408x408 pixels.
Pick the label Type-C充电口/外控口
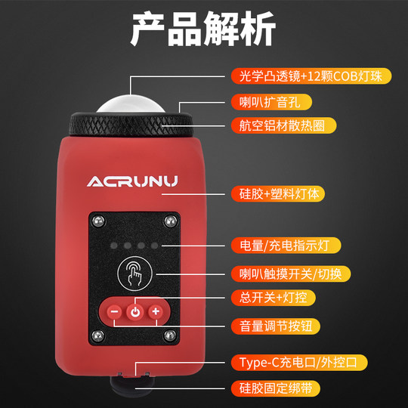point(298,363)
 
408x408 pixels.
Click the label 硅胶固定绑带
point(270,388)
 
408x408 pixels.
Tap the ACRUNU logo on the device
point(132,181)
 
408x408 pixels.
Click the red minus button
point(113,312)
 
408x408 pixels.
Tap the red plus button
point(156,312)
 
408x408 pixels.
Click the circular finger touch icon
point(134,274)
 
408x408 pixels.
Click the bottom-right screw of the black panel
point(172,335)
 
